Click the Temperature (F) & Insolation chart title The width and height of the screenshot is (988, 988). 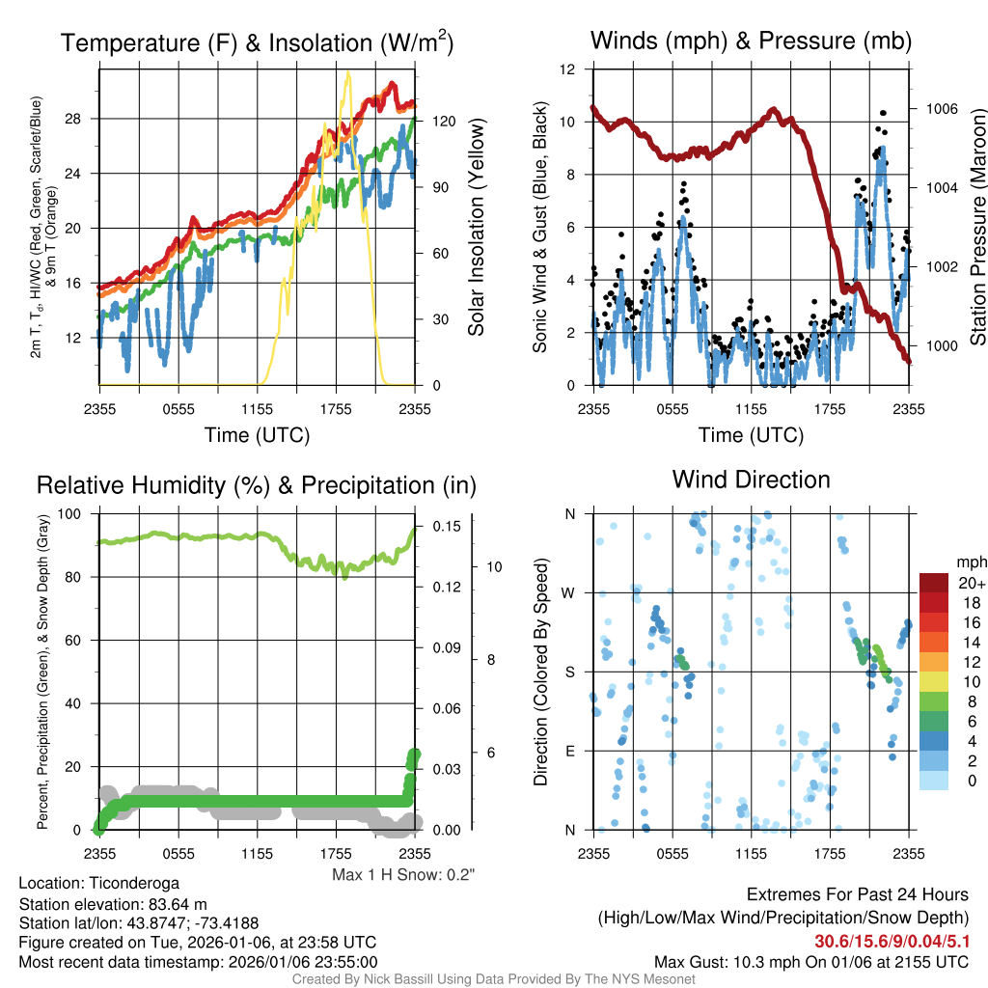click(x=257, y=42)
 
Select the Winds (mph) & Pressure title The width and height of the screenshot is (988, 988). click(x=752, y=41)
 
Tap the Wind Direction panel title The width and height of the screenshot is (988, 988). click(x=751, y=480)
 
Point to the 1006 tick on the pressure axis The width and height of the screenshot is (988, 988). click(x=942, y=109)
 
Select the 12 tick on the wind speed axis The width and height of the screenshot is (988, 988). click(x=568, y=69)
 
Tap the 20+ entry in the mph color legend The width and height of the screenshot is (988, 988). click(x=968, y=583)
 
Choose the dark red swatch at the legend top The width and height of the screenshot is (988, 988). click(x=934, y=583)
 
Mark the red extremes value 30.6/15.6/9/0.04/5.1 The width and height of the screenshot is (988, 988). click(x=892, y=942)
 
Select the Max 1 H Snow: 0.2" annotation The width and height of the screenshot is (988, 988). click(x=403, y=875)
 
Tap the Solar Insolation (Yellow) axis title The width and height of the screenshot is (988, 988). click(x=477, y=228)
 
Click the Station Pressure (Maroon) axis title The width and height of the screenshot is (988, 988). click(x=976, y=226)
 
